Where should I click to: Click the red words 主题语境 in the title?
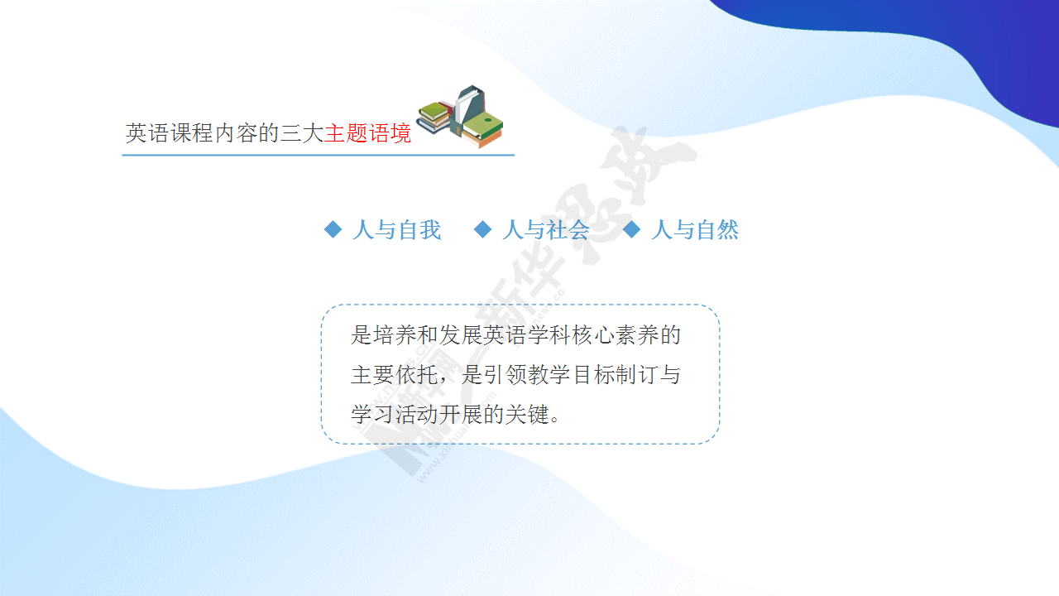[368, 133]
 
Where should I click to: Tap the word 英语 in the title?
[147, 133]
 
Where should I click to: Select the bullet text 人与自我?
[396, 230]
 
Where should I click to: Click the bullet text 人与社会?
[546, 230]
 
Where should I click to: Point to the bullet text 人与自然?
[695, 230]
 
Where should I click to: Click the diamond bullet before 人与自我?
[333, 229]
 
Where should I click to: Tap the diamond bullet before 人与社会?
[482, 229]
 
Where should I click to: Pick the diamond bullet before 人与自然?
[631, 229]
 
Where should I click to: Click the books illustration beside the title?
[460, 116]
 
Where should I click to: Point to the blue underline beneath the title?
[319, 155]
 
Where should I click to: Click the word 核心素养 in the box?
[615, 335]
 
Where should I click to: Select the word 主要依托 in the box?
[395, 375]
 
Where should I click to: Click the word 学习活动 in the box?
[395, 415]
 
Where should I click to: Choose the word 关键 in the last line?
[527, 415]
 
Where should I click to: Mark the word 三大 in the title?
[302, 133]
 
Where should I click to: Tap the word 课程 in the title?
[191, 133]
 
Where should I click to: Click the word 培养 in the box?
[395, 335]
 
